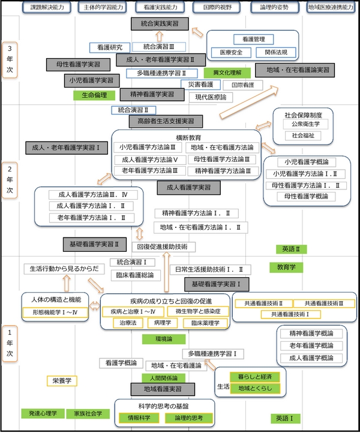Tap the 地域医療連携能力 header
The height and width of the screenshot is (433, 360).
pos(329,8)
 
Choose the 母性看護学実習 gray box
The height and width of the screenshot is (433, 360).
pos(78,64)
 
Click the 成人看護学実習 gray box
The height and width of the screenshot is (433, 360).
pos(189,188)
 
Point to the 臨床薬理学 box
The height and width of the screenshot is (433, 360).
pos(205,323)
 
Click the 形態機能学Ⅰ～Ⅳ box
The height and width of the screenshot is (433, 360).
pos(55,312)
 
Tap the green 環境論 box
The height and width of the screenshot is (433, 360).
pos(159,339)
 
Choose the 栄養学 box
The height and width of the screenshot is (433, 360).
pos(62,380)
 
